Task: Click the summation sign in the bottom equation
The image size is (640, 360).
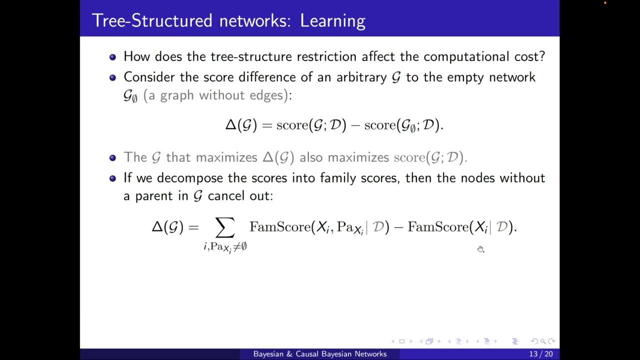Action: click(x=225, y=228)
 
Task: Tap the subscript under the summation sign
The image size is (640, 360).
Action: click(x=225, y=247)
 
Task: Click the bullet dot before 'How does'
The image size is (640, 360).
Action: click(x=112, y=57)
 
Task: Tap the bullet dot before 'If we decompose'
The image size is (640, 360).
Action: click(x=112, y=178)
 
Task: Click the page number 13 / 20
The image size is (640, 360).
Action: click(x=540, y=354)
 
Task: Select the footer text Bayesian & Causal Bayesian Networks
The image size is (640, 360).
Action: click(x=320, y=354)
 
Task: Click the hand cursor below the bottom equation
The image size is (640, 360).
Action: click(x=480, y=249)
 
